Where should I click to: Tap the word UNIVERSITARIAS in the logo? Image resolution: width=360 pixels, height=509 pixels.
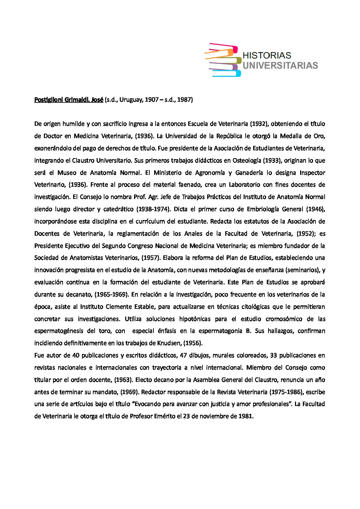pos(280,65)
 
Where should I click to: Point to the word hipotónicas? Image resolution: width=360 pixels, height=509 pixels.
pos(203,319)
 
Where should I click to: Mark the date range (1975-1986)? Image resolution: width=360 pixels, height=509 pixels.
pos(286,392)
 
